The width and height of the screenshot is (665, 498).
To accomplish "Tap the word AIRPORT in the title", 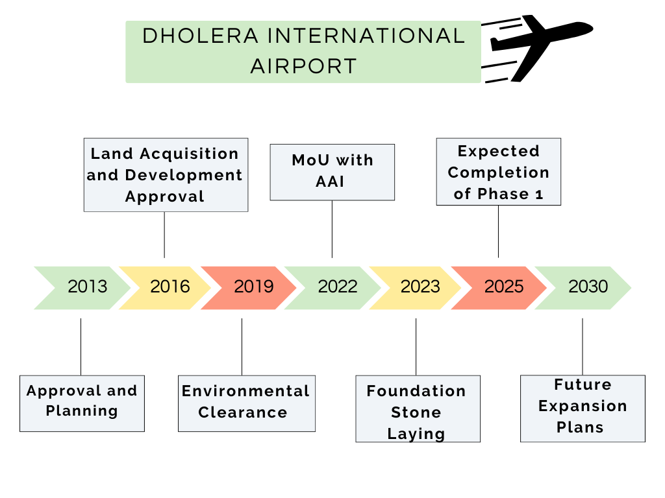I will click(x=303, y=66).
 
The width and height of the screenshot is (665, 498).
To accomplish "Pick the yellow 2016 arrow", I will click(x=169, y=287).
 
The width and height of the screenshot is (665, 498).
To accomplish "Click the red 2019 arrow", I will click(x=253, y=287).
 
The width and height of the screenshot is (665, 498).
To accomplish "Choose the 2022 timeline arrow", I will click(x=336, y=287).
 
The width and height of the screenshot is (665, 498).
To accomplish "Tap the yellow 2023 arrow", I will click(x=420, y=287).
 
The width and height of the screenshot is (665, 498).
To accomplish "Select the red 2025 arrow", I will click(x=503, y=287).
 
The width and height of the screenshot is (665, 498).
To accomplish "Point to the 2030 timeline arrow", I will click(x=587, y=287).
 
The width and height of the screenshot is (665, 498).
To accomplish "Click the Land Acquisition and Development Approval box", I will click(x=166, y=175).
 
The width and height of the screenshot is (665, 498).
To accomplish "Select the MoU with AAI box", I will click(x=332, y=172).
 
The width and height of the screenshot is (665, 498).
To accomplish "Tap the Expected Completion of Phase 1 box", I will click(x=498, y=172).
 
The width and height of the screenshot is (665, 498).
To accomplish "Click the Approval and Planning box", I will click(x=82, y=403).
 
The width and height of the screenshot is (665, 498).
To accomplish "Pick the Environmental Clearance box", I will click(x=246, y=403).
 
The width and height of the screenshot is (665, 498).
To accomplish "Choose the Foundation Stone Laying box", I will click(x=418, y=409).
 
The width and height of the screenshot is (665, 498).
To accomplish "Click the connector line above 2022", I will click(x=332, y=229).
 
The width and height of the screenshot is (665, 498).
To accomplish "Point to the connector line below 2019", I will click(x=242, y=346).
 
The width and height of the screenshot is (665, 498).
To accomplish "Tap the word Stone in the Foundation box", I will click(x=416, y=412).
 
